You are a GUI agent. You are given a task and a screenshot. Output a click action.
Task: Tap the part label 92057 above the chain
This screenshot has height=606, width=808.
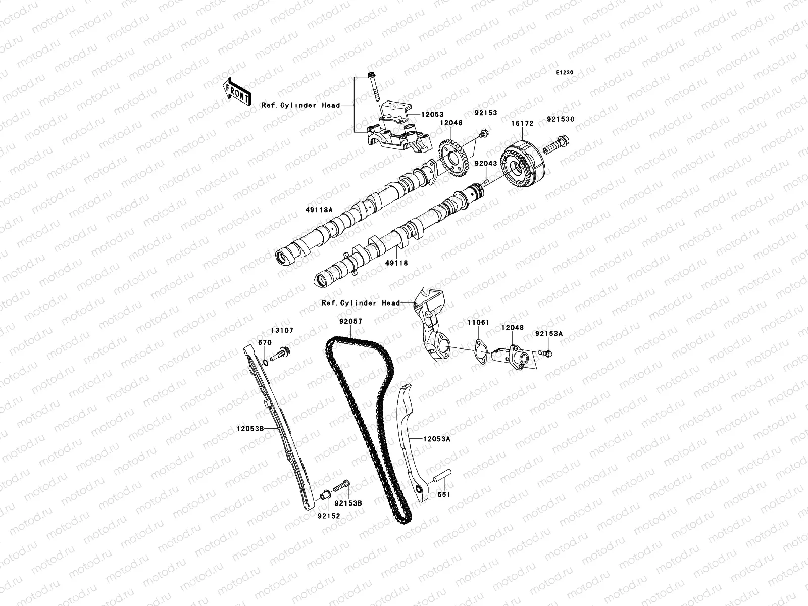(350, 321)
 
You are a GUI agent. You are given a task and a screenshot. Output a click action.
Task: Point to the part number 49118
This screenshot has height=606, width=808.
(396, 263)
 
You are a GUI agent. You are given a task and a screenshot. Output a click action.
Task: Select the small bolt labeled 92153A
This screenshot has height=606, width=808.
(544, 353)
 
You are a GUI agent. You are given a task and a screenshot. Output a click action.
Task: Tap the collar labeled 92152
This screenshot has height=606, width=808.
(324, 492)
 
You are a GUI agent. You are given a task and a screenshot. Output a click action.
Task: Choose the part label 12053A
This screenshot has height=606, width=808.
(436, 439)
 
